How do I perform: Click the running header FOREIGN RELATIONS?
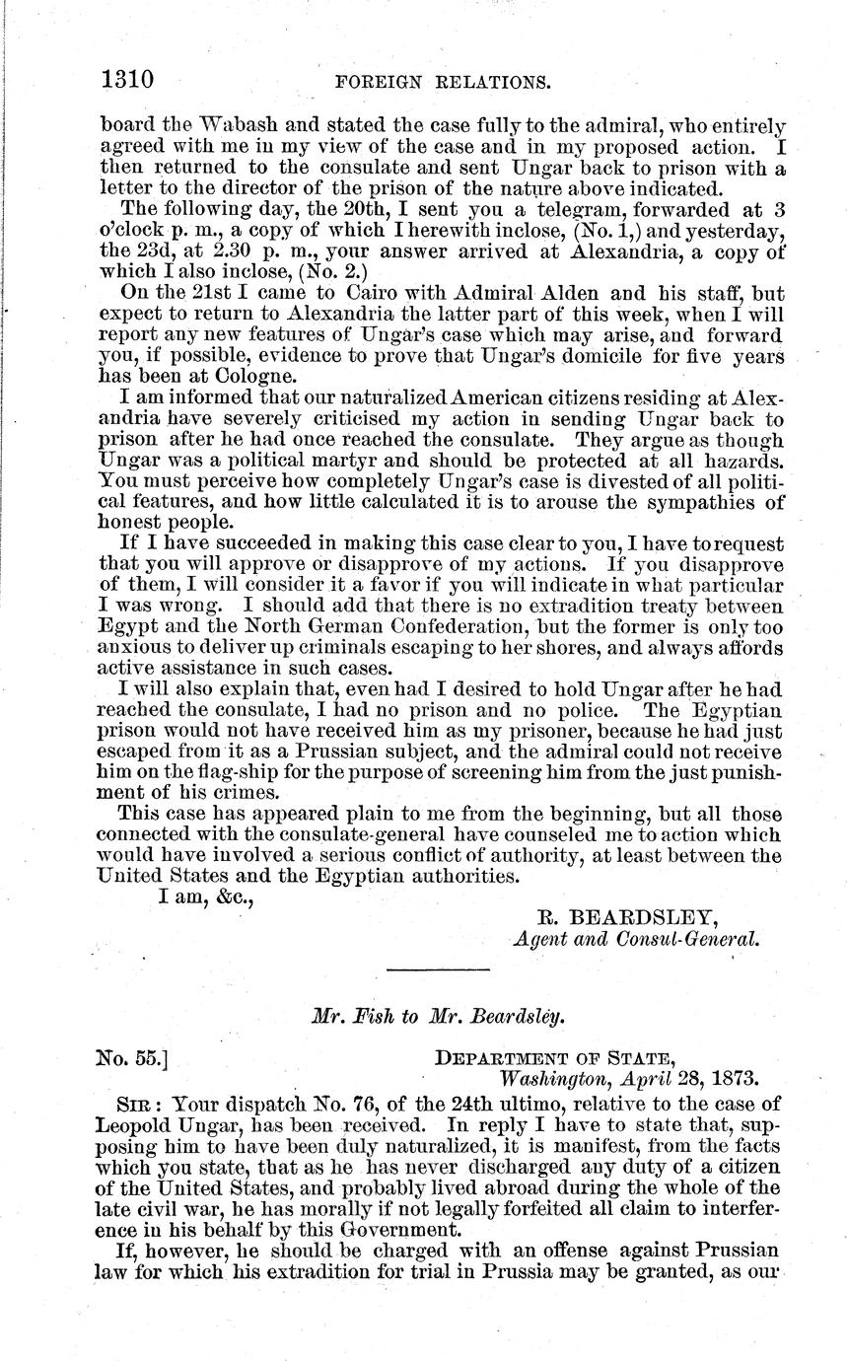[x=443, y=82]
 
